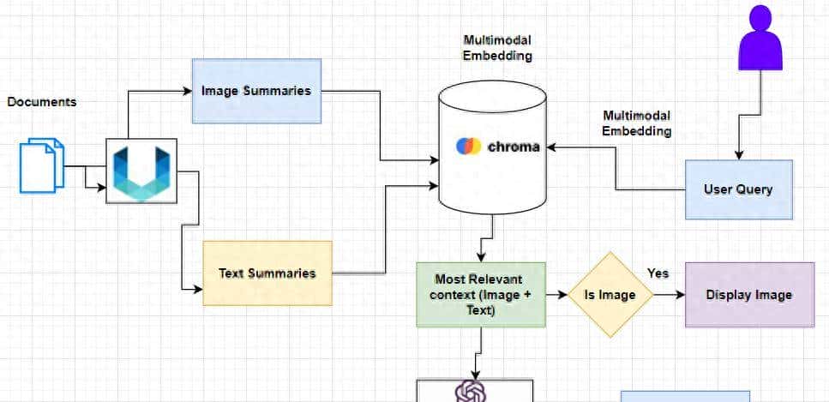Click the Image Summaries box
[x=255, y=91]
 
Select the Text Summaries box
[x=267, y=273]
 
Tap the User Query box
[x=737, y=189]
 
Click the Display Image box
[x=748, y=295]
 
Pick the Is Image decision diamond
[x=610, y=295]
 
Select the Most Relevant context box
[x=480, y=294]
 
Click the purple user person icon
[x=760, y=38]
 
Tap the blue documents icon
[x=42, y=165]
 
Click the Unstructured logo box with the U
[x=141, y=171]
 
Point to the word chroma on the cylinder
[x=514, y=147]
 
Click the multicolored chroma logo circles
[x=468, y=146]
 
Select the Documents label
[x=42, y=102]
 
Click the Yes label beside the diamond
[x=658, y=273]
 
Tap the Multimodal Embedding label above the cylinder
[x=497, y=48]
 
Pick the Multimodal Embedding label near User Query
[x=636, y=123]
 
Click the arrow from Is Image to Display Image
[x=670, y=295]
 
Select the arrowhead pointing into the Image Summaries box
[x=186, y=90]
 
